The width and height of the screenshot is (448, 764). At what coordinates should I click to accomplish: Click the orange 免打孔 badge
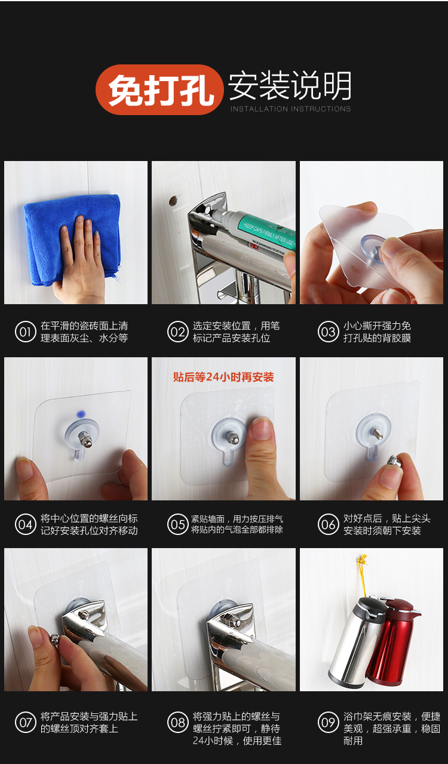159,89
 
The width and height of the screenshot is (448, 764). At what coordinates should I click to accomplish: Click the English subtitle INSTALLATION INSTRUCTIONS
290,109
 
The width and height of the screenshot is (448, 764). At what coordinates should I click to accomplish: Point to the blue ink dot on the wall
81,414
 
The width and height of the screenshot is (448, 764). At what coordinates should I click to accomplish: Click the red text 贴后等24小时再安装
223,377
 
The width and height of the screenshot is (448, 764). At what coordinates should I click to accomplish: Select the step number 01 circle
25,332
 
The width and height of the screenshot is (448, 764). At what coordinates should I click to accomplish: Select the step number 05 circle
177,524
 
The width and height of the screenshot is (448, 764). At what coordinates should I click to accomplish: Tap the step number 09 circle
328,722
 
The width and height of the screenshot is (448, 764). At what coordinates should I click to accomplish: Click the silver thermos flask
354,641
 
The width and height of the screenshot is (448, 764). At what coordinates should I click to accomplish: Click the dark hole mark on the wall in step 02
173,200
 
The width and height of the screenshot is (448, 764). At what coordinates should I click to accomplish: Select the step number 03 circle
328,332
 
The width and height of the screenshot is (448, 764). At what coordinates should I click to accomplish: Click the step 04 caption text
89,525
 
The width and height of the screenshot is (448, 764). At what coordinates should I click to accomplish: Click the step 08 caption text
237,728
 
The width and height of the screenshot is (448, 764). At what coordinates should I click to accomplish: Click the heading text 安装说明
290,86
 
